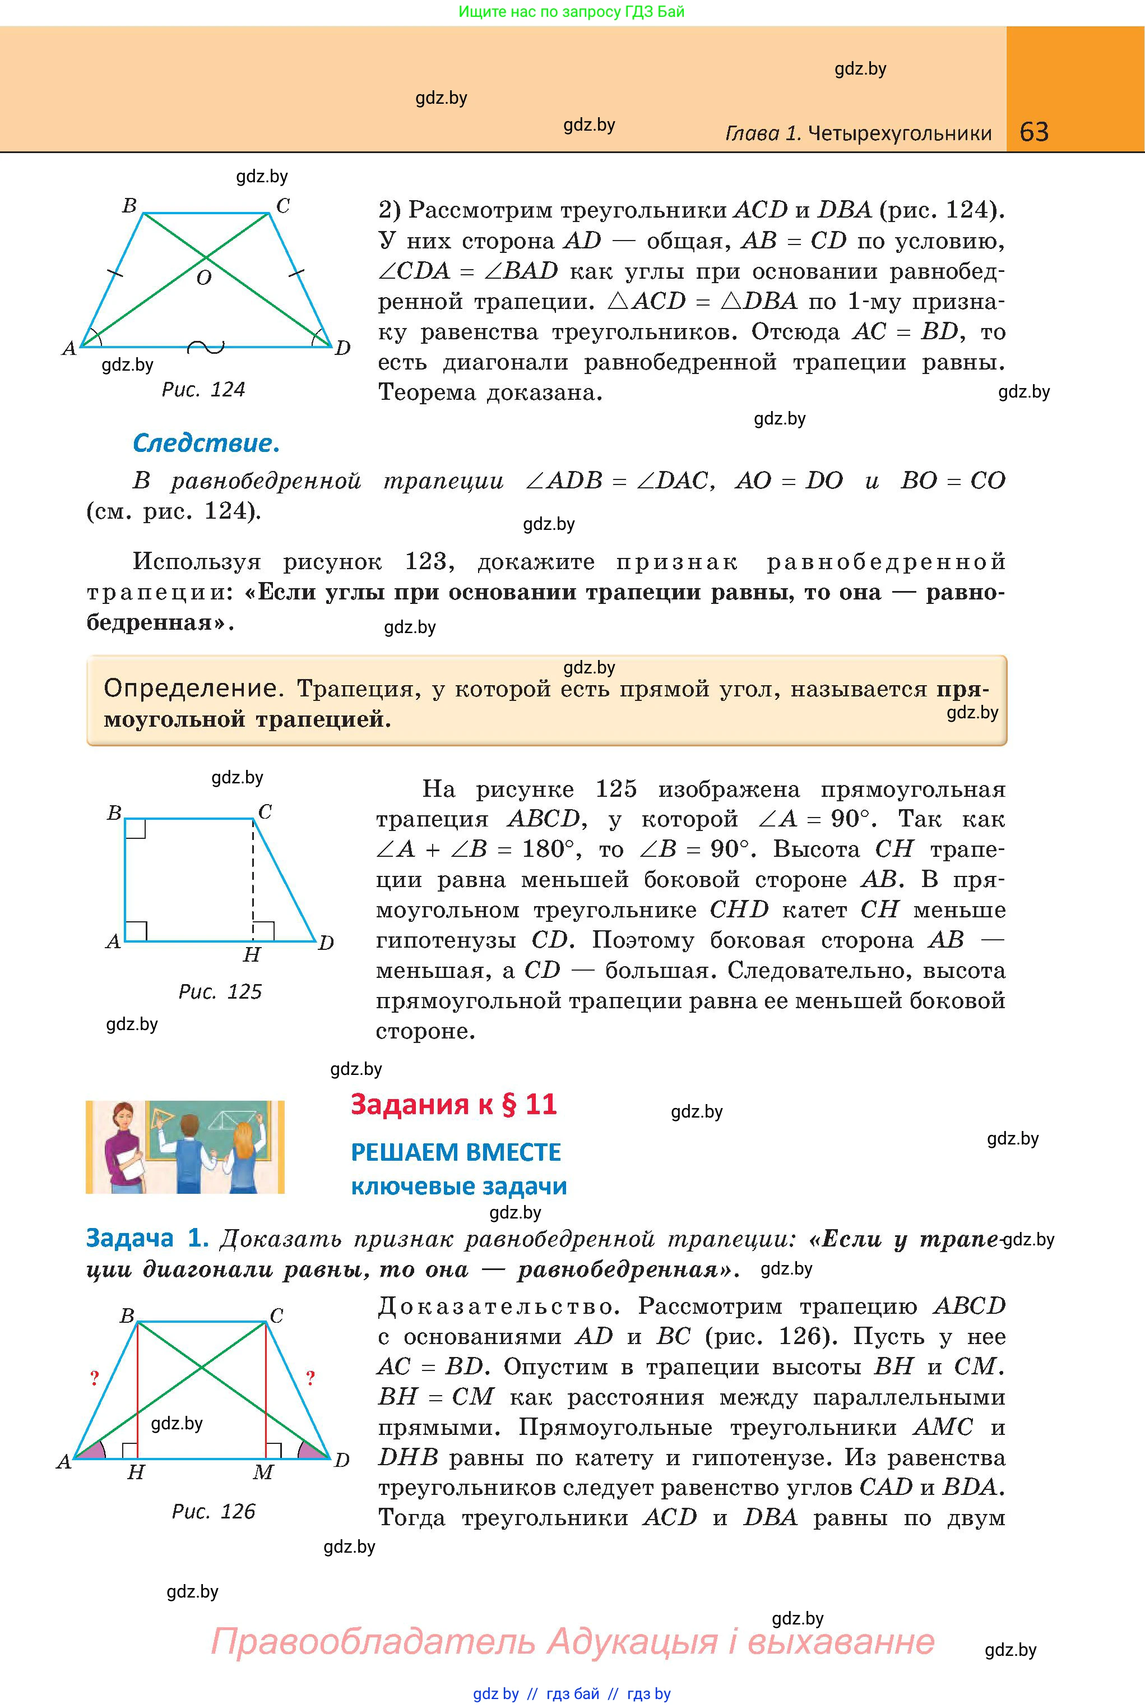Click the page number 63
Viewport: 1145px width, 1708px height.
1034,132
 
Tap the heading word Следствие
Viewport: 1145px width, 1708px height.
206,444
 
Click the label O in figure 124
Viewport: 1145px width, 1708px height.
205,278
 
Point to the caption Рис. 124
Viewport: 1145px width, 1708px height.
203,389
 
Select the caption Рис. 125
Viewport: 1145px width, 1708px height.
220,991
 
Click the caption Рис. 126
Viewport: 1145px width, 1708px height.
213,1512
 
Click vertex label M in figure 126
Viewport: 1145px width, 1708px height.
263,1472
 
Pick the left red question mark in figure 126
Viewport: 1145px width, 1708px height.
94,1378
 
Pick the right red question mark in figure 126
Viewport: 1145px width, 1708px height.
310,1378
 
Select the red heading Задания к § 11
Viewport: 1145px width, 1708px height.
453,1104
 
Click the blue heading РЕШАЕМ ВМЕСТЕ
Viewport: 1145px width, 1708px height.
456,1152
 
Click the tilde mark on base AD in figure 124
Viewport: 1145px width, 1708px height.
206,347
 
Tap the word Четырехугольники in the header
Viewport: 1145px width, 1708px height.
900,133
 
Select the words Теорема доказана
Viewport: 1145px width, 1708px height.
490,393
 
